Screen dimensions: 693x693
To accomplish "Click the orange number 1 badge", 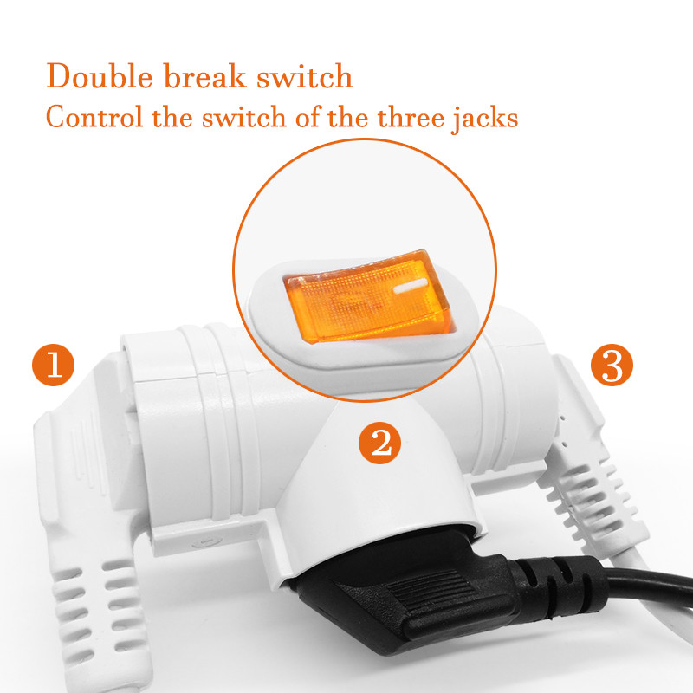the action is coord(54,365).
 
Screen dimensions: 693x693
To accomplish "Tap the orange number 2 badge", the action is coord(379,443).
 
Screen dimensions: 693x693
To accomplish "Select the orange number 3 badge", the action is coord(612,365).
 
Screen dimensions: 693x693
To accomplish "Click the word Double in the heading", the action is coord(100,76).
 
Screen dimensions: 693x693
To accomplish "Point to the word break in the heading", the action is coord(204,76).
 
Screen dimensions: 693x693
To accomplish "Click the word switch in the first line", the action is coord(305,76).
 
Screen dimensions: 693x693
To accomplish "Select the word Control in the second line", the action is coord(94,118).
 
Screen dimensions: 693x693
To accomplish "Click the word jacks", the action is coord(485,120).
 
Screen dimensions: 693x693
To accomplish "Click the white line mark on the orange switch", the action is coord(410,287).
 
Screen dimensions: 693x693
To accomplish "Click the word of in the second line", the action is coord(308,118).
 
